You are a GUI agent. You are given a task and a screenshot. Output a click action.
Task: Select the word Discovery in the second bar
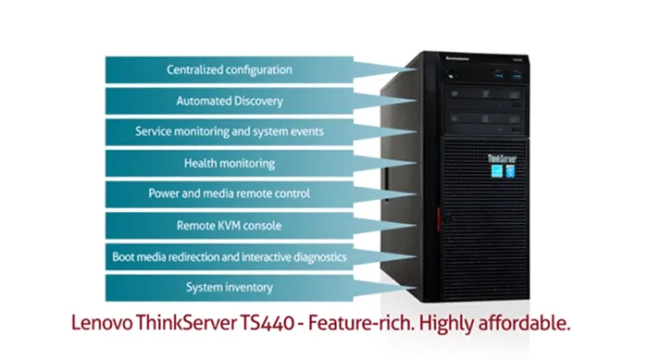click(258, 101)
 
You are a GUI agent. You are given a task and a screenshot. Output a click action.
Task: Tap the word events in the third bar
click(307, 131)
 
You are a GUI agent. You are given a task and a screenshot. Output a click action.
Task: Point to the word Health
click(201, 163)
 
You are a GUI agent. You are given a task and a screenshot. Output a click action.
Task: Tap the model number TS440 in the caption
click(267, 323)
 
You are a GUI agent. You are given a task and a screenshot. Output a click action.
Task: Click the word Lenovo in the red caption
click(102, 323)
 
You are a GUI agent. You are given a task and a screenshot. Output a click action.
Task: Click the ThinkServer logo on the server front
click(502, 158)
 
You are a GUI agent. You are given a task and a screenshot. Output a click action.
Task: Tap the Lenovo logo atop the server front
click(457, 58)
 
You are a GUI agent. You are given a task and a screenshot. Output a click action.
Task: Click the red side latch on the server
click(439, 219)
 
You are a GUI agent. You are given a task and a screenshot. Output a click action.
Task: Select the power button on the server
click(451, 75)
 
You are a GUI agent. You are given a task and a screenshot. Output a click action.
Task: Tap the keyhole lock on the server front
click(447, 219)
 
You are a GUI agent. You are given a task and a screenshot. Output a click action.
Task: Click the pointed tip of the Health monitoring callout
click(416, 163)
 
